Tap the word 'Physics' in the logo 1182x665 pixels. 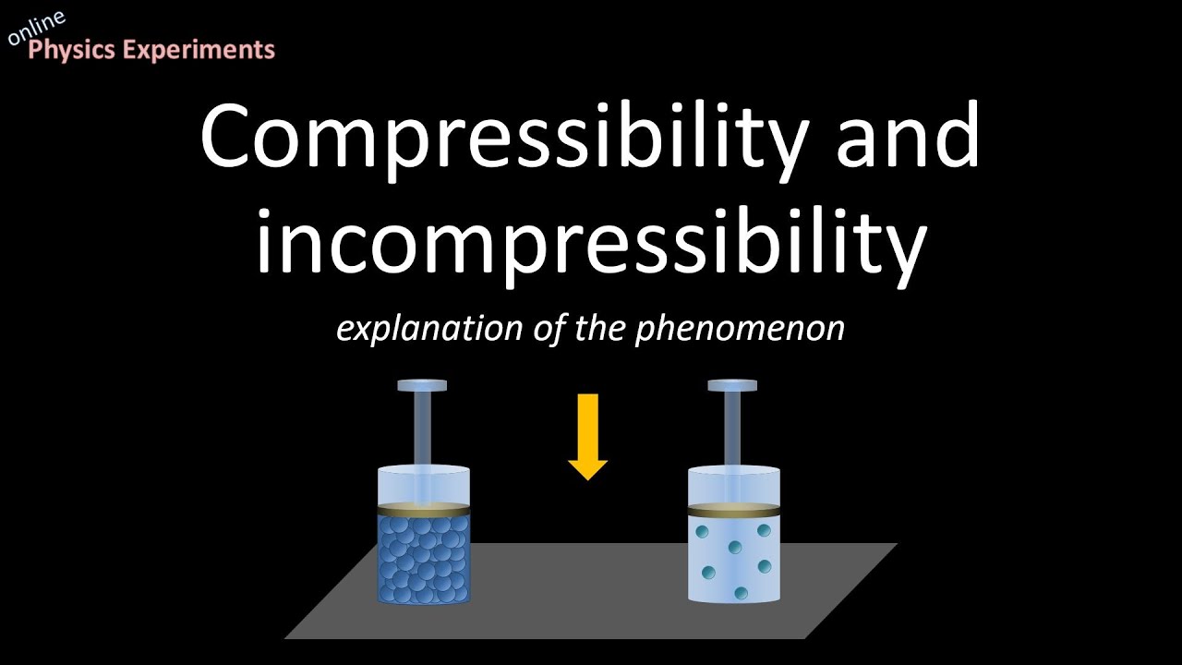click(73, 50)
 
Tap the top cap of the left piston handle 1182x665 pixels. click(422, 385)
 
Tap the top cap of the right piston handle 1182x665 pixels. click(732, 385)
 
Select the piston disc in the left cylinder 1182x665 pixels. click(424, 509)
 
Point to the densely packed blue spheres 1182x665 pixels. click(424, 559)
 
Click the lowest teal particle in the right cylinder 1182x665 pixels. click(740, 592)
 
